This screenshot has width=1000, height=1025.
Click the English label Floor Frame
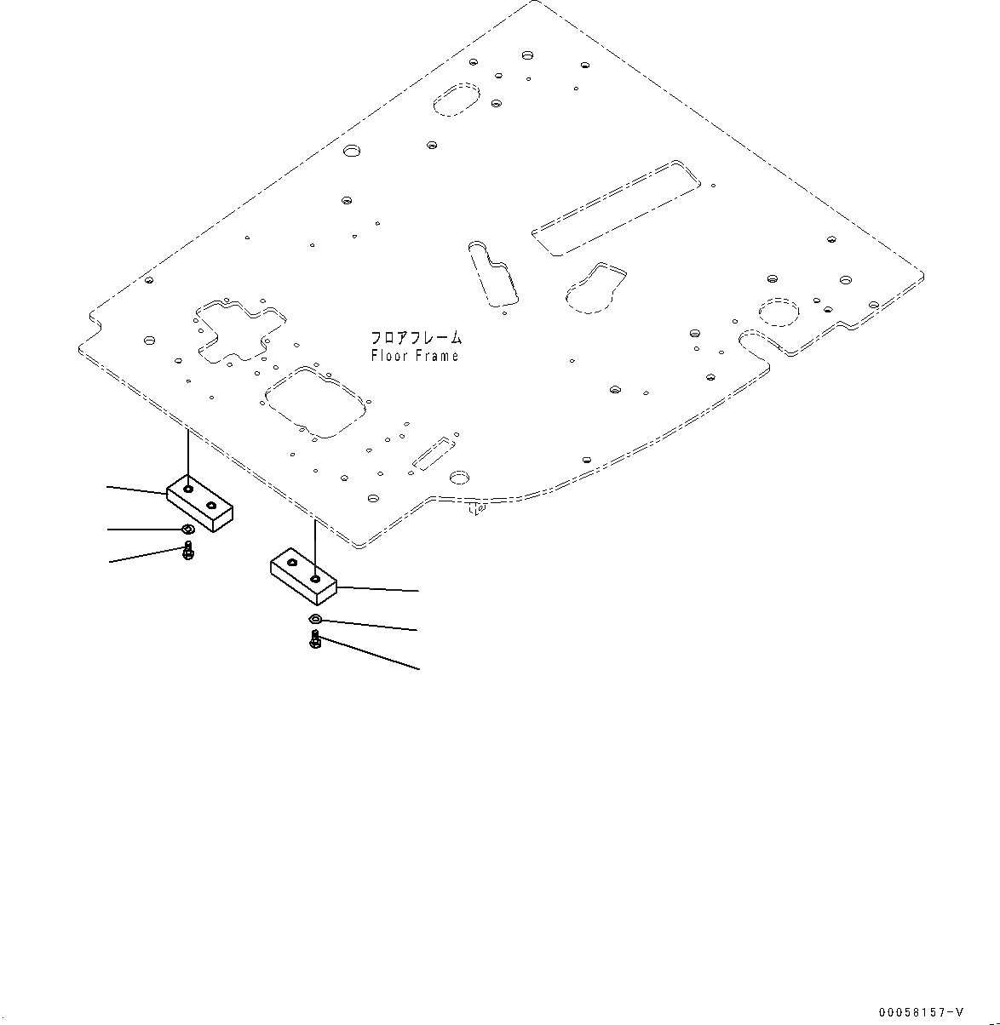point(415,356)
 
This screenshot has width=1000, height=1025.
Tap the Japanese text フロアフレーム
point(416,338)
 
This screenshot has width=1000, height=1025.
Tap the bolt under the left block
point(188,552)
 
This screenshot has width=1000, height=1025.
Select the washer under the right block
point(315,619)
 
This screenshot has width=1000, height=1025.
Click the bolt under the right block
point(315,639)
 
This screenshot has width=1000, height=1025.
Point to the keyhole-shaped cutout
point(597,287)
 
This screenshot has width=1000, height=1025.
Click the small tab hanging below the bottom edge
point(477,509)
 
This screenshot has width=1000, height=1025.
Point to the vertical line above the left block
point(188,455)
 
